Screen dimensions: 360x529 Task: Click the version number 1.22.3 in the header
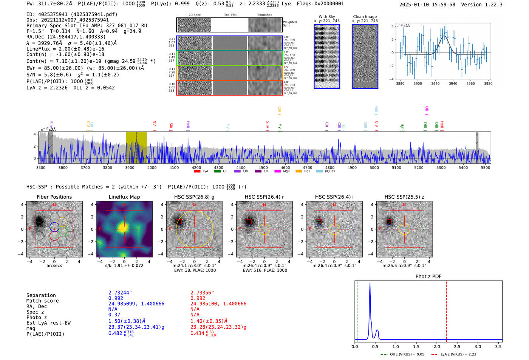(x=492, y=5)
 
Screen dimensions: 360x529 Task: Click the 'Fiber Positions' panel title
(x=54, y=197)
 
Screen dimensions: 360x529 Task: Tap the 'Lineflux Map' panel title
(x=124, y=197)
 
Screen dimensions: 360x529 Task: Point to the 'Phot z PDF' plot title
(x=428, y=276)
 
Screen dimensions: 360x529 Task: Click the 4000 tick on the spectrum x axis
(x=152, y=168)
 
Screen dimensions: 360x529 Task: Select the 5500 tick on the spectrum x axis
(x=486, y=168)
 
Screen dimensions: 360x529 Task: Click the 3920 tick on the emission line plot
(x=435, y=83)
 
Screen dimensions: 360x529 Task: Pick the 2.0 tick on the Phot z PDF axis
(x=437, y=346)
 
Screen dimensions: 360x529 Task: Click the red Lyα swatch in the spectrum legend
(x=197, y=171)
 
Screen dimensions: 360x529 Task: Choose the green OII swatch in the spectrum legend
(x=217, y=171)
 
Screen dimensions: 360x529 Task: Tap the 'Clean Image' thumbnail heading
(x=365, y=17)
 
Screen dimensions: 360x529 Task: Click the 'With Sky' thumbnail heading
(x=327, y=17)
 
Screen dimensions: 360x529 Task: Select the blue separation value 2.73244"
(x=120, y=293)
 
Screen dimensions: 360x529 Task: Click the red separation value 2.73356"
(x=202, y=293)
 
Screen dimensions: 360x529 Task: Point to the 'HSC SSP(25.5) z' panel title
(x=404, y=197)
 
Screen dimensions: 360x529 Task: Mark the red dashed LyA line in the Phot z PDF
(x=446, y=310)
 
